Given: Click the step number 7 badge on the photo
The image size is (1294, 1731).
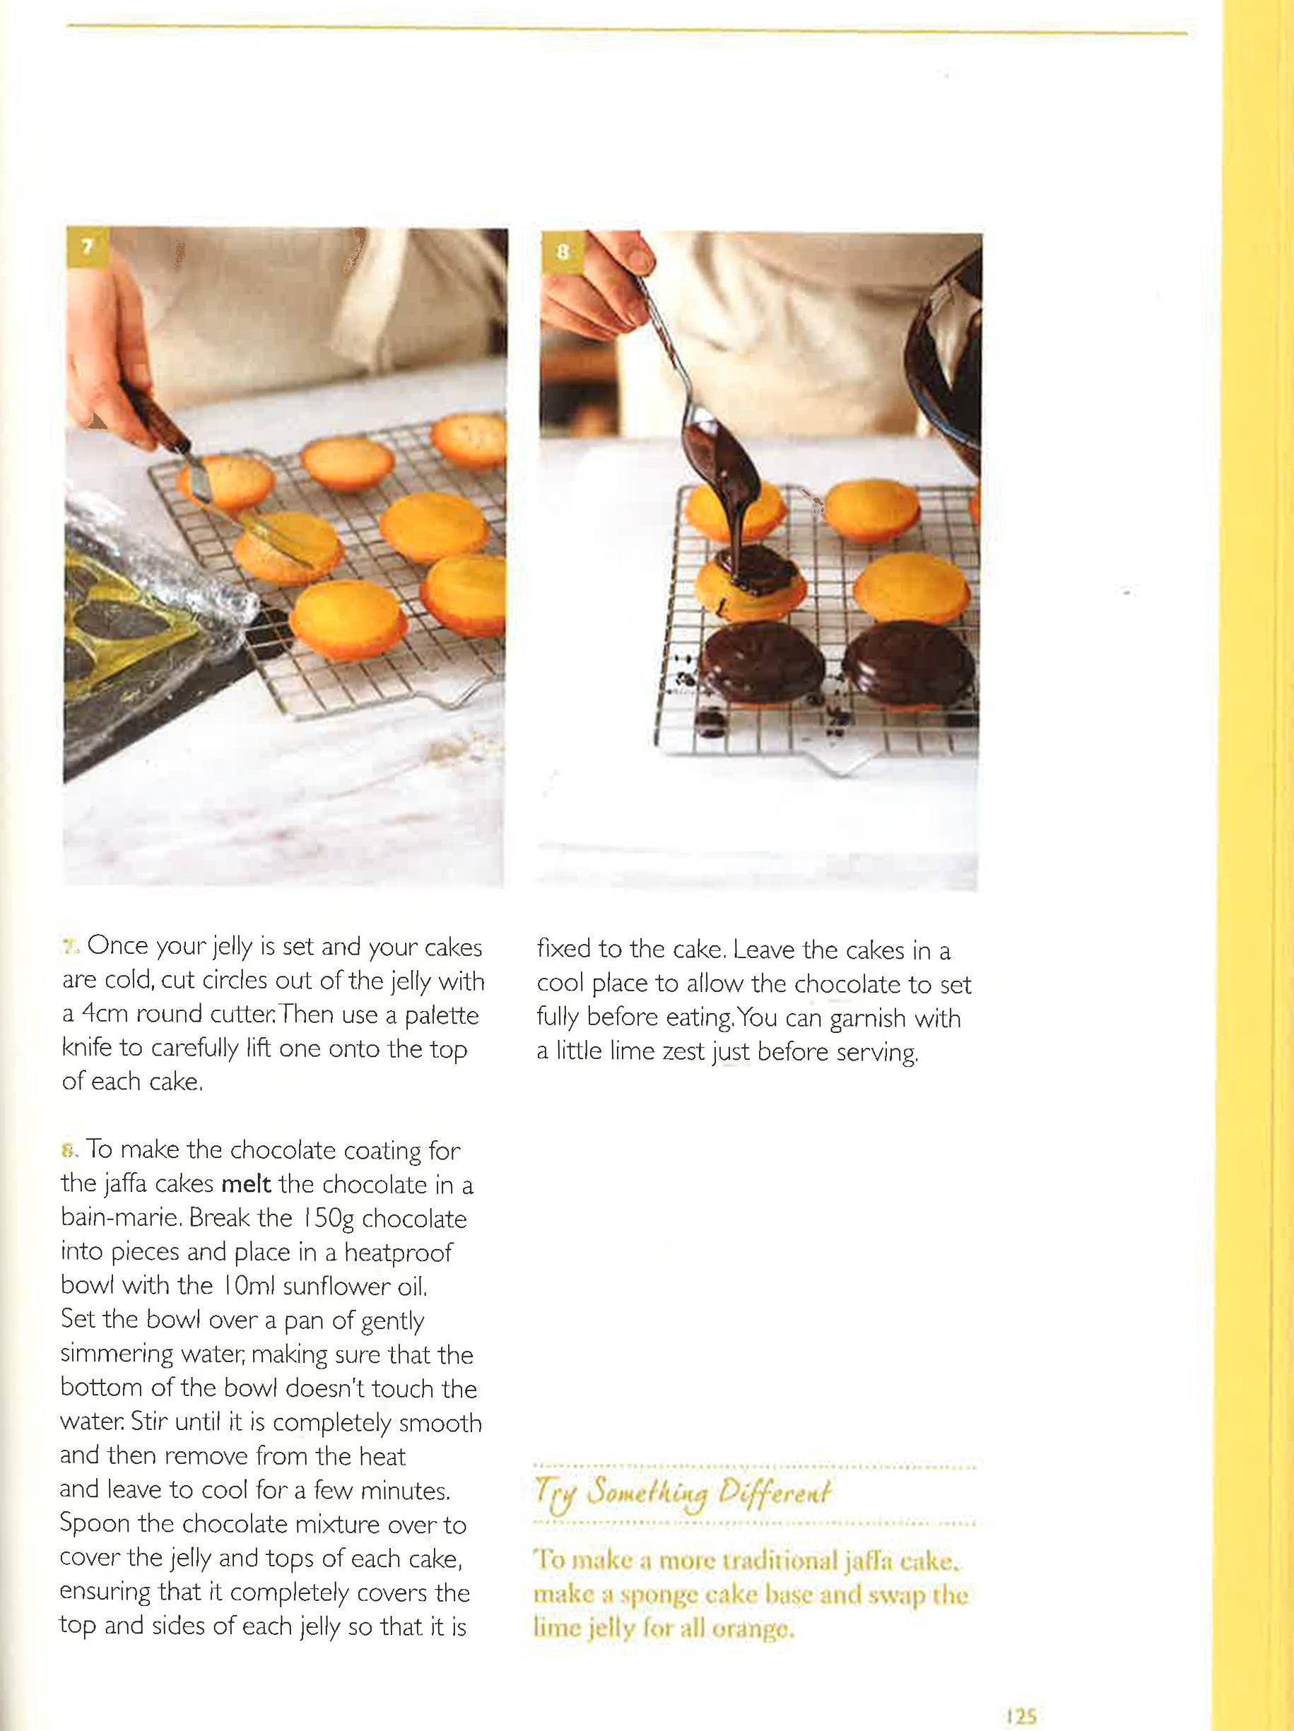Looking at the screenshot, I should (x=87, y=247).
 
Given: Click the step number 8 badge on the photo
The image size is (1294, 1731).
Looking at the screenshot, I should (x=562, y=252).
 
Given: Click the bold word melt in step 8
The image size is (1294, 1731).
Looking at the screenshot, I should (x=246, y=1184).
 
